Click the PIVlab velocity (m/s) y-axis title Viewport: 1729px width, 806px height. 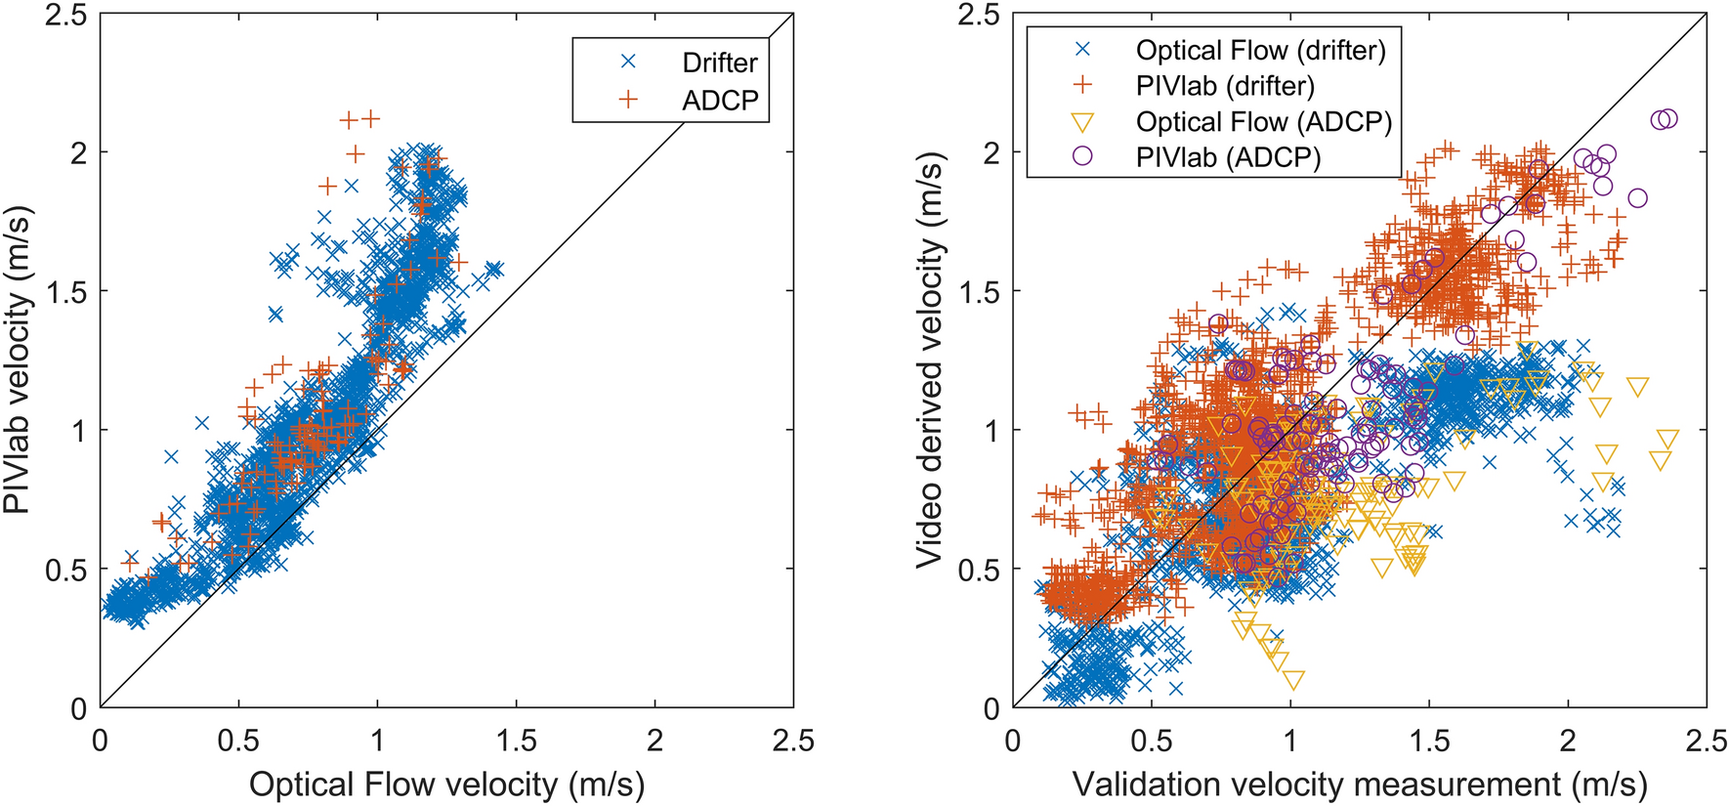click(x=19, y=361)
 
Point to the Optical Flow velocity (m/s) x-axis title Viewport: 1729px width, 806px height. click(x=446, y=784)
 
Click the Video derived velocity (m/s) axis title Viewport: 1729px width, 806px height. click(x=930, y=361)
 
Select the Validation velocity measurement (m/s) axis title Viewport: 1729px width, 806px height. click(x=1360, y=784)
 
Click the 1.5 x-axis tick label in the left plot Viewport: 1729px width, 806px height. click(x=516, y=740)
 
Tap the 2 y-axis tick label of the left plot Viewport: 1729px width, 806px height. click(x=77, y=152)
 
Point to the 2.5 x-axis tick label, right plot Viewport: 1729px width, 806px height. click(x=1707, y=740)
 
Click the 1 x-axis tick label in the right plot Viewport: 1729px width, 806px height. click(x=1290, y=740)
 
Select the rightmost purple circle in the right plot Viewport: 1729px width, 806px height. click(x=1668, y=118)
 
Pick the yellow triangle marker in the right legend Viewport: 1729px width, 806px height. click(x=1082, y=122)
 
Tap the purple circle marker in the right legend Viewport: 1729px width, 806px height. click(x=1082, y=156)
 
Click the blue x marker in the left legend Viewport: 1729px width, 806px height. click(x=628, y=62)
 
